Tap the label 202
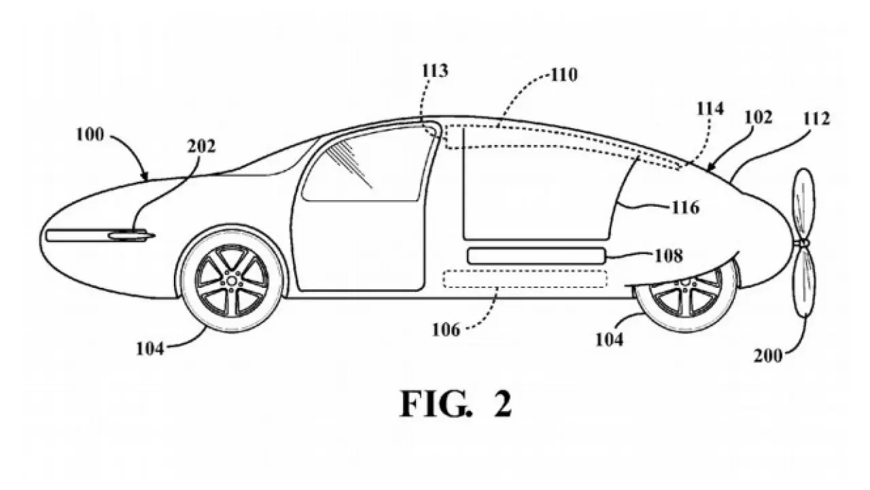[201, 146]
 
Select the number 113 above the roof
[434, 71]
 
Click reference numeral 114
[709, 108]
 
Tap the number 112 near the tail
[815, 119]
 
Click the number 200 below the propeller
[768, 355]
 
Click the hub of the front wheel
[231, 280]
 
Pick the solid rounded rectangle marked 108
[536, 257]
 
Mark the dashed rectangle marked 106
[524, 278]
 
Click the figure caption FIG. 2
[455, 404]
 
